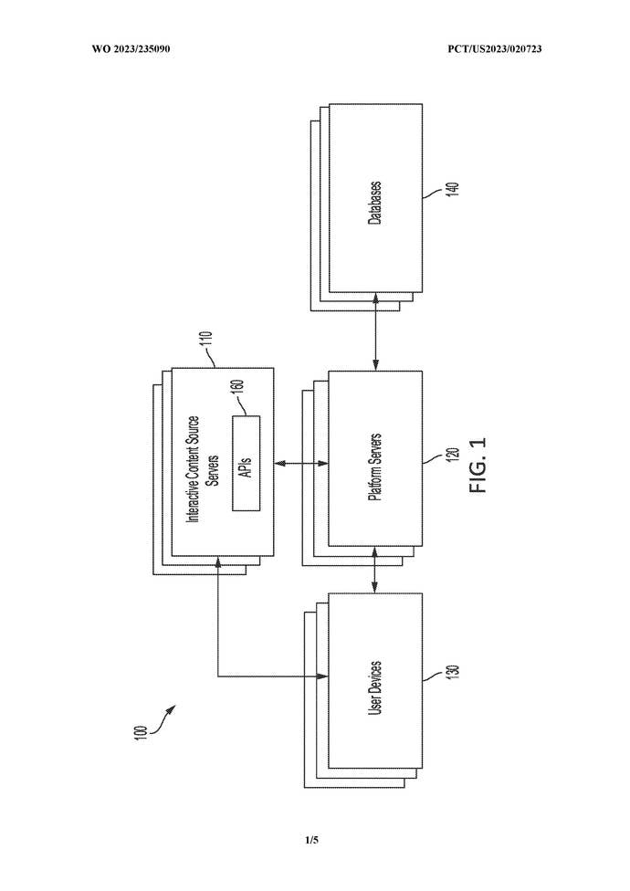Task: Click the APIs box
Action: point(247,463)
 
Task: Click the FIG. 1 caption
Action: point(480,466)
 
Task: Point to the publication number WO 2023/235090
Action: point(131,48)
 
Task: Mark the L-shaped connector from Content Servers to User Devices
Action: point(219,639)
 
